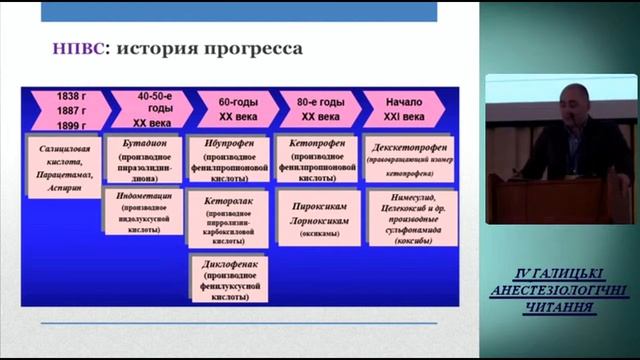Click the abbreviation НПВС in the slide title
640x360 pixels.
(79, 47)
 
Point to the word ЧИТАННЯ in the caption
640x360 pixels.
(561, 306)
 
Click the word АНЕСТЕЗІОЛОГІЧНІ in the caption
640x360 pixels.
(561, 290)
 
